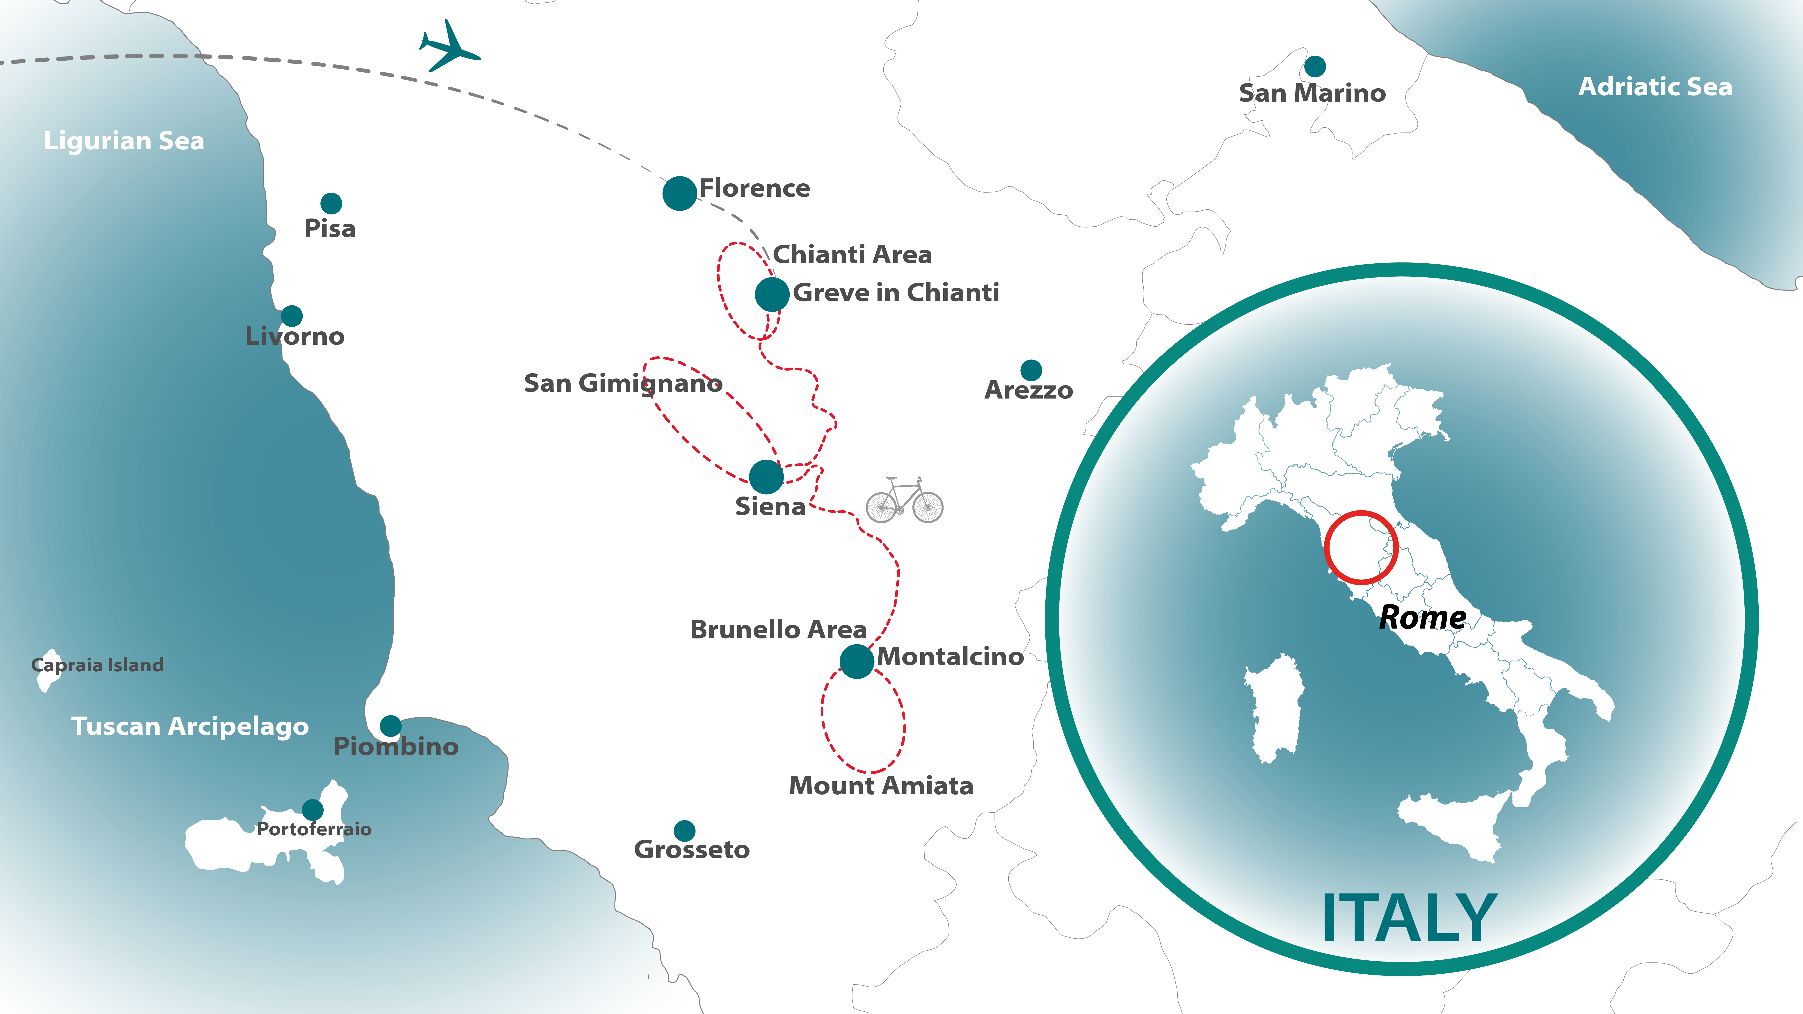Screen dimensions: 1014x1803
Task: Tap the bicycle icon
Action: pos(904,500)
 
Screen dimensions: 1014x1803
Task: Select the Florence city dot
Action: pos(679,193)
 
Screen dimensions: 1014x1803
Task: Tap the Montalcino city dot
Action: pos(856,661)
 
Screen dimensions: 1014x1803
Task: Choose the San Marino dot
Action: pos(1314,66)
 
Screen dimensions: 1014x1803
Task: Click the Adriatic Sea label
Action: pos(1655,87)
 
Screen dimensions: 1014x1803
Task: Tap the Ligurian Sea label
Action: pos(124,141)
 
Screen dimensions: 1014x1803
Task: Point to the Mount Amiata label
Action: pos(880,786)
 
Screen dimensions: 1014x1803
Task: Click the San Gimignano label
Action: pos(622,383)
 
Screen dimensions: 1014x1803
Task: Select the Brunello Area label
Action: pos(778,630)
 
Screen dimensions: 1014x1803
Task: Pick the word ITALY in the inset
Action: pos(1408,919)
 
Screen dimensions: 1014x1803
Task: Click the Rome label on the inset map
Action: pos(1422,617)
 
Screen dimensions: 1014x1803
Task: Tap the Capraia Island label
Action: pos(98,665)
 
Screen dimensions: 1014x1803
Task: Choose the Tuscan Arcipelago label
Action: pos(190,726)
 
